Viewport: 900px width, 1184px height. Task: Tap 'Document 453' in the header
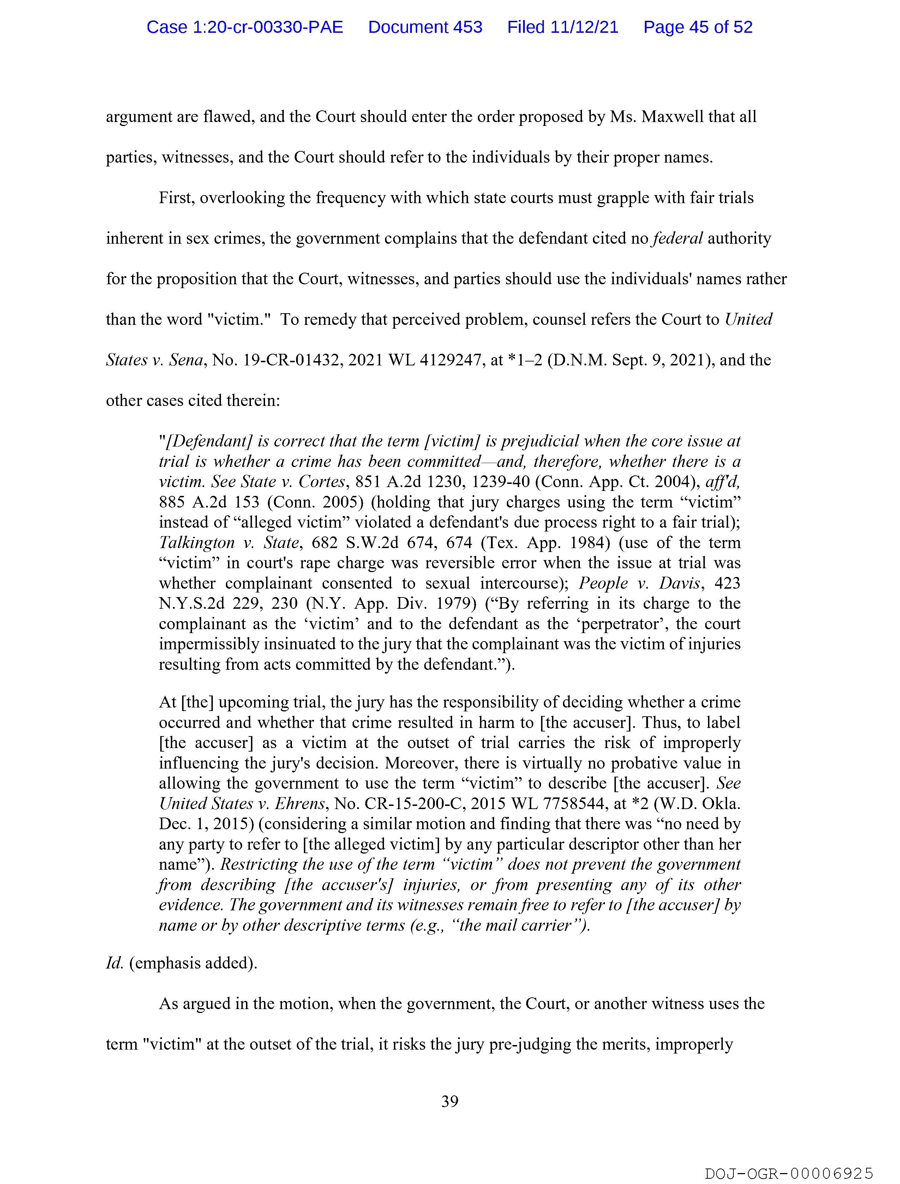(425, 27)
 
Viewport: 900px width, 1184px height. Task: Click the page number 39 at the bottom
(449, 1101)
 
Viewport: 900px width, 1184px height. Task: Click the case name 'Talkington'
(197, 543)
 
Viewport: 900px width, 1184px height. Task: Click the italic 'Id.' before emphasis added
(115, 963)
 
